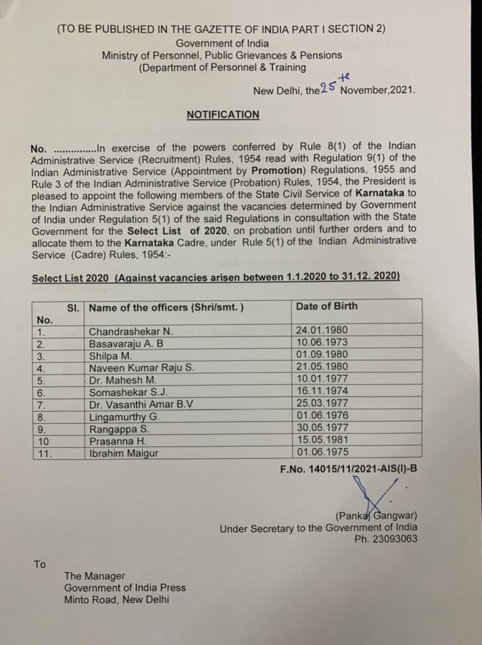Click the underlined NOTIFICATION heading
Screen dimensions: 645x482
(223, 115)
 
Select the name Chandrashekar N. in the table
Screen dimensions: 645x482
(131, 331)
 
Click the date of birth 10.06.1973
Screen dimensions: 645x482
(321, 343)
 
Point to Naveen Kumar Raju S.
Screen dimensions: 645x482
(137, 368)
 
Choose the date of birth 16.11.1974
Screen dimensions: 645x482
(321, 391)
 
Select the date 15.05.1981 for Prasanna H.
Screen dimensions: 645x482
(321, 440)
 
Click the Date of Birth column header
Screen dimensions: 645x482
(326, 306)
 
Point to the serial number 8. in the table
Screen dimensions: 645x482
(42, 416)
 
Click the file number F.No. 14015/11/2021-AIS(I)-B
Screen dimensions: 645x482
(348, 468)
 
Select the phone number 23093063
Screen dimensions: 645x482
(392, 539)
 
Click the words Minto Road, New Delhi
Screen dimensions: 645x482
(116, 600)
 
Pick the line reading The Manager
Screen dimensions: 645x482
(94, 576)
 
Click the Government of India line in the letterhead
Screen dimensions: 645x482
(222, 43)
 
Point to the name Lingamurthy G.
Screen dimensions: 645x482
(125, 416)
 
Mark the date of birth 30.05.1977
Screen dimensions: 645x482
(321, 428)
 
